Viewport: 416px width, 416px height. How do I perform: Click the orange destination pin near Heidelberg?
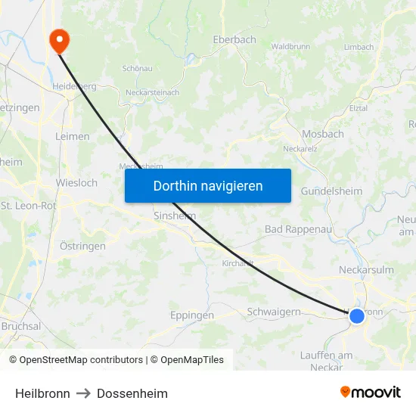[57, 39]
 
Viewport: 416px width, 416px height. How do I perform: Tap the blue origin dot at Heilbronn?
[356, 316]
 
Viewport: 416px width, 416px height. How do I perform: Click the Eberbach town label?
[234, 40]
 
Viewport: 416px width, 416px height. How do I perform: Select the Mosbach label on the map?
[323, 134]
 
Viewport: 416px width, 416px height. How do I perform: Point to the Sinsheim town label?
[175, 216]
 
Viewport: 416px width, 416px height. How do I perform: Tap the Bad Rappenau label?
[299, 229]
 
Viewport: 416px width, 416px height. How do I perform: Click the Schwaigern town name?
[274, 312]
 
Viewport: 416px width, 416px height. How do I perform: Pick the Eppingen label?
[192, 315]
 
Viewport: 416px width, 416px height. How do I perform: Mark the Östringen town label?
[82, 246]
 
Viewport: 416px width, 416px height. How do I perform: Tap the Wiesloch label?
[76, 183]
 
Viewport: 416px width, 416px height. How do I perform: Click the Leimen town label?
[73, 137]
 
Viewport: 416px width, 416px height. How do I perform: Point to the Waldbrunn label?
[290, 47]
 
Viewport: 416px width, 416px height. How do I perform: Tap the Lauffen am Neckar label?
[326, 361]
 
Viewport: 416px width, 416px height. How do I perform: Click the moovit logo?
[371, 393]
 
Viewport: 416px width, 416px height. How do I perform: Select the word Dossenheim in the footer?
[132, 393]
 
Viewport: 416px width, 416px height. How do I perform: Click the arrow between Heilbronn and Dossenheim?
[83, 393]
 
